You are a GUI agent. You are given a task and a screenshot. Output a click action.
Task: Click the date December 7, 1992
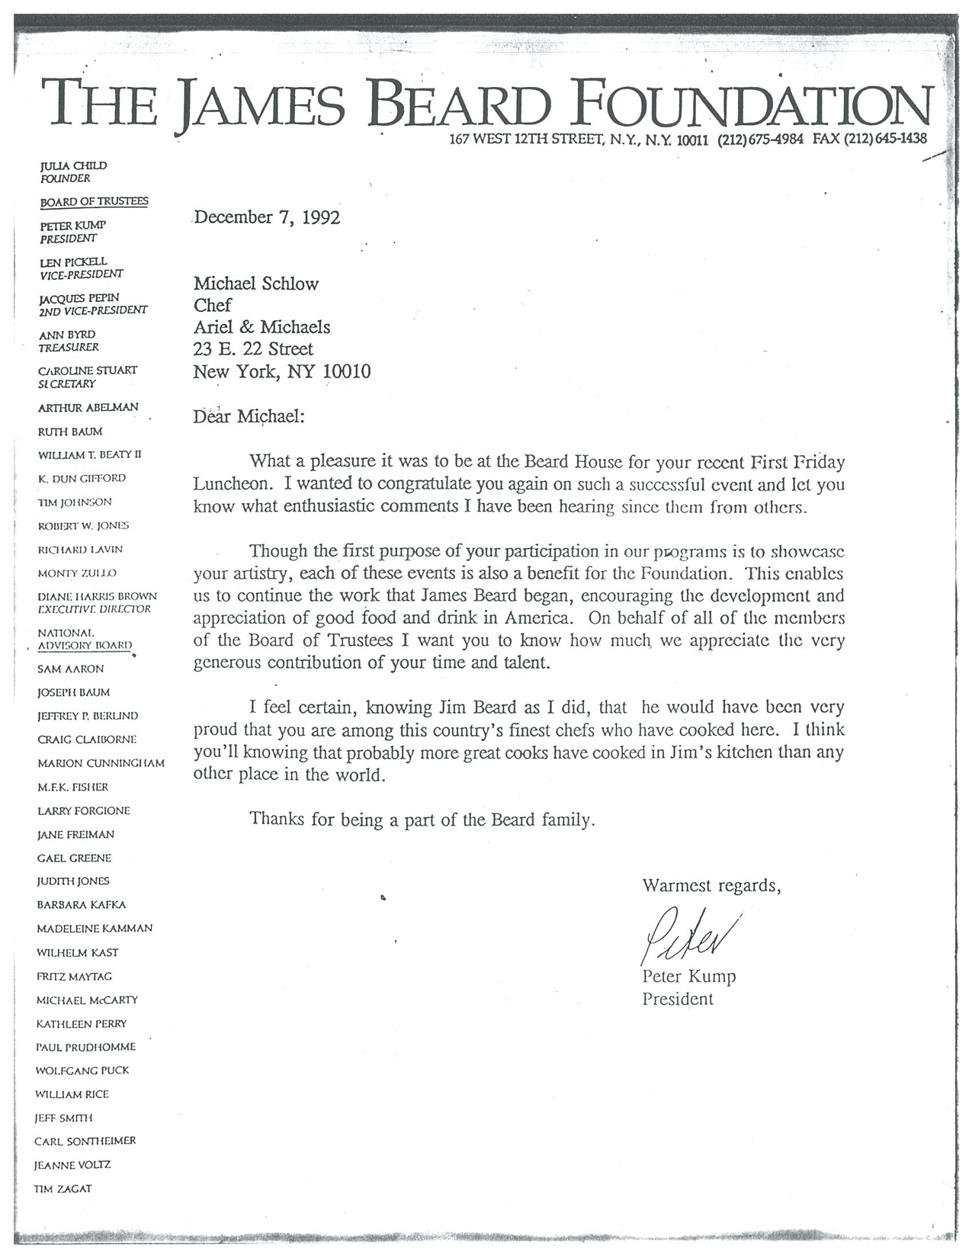[267, 217]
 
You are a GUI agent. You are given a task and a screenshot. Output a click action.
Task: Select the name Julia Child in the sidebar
[73, 165]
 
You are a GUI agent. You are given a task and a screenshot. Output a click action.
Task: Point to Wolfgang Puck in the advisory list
[82, 1070]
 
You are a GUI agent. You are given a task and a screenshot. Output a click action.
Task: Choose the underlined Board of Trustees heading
[94, 201]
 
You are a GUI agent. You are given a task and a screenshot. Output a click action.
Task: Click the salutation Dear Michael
[248, 417]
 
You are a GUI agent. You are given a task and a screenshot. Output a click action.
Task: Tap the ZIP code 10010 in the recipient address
[347, 372]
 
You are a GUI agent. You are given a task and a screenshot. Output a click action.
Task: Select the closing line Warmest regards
[711, 886]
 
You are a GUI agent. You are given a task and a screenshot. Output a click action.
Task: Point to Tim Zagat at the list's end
[63, 1189]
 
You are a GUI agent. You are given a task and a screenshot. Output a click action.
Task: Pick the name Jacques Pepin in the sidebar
[79, 297]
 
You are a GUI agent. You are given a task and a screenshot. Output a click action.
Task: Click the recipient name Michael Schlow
[256, 284]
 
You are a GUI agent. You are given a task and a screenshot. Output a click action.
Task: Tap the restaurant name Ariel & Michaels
[261, 327]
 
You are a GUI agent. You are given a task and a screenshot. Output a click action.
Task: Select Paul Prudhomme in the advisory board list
[85, 1047]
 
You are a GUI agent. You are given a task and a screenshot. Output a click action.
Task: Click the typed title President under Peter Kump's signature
[678, 999]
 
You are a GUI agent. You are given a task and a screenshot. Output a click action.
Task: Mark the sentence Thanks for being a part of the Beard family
[422, 820]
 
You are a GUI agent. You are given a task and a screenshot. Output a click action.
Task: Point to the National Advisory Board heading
[85, 639]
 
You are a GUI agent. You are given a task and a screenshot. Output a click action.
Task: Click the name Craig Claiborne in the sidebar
[87, 740]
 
